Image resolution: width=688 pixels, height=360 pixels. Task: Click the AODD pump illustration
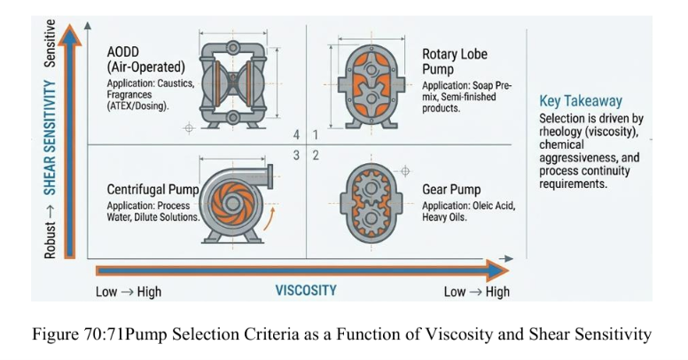233,84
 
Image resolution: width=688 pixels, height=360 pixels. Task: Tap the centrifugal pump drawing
236,204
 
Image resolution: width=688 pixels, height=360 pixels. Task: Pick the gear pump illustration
371,203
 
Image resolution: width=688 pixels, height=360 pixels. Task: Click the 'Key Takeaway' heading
581,101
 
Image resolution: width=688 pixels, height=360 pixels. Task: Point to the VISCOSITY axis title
306,290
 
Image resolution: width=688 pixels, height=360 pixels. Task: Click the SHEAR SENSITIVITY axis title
50,137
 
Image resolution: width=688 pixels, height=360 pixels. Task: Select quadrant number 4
297,135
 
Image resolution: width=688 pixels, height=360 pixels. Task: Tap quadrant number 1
315,135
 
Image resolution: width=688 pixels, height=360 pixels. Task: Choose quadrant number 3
297,155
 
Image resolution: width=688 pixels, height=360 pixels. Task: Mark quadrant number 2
316,155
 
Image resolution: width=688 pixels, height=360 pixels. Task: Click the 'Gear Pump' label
451,190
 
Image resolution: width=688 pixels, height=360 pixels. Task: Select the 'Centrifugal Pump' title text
152,190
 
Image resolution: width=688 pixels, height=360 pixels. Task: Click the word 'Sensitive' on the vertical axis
50,43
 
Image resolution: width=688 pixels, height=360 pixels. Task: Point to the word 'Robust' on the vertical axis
50,239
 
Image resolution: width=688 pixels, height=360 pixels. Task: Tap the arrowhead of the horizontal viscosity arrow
498,270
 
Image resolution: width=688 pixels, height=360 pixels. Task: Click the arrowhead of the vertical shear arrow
70,35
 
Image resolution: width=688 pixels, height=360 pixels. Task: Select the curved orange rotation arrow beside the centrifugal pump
269,219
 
